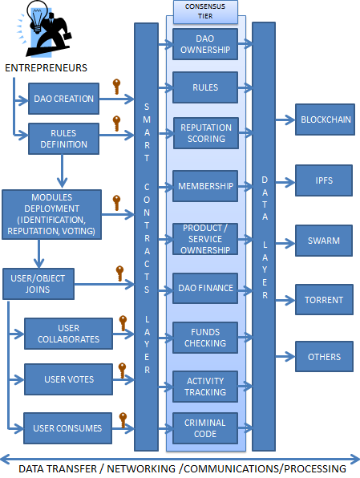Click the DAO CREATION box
64,99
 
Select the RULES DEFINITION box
64,139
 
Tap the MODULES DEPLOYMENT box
51,214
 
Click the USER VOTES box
69,379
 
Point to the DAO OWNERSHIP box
205,43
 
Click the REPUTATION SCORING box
205,133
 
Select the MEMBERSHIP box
205,186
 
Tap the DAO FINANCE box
205,288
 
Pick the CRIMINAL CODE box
205,428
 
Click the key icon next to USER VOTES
123,370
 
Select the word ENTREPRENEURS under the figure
47,67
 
